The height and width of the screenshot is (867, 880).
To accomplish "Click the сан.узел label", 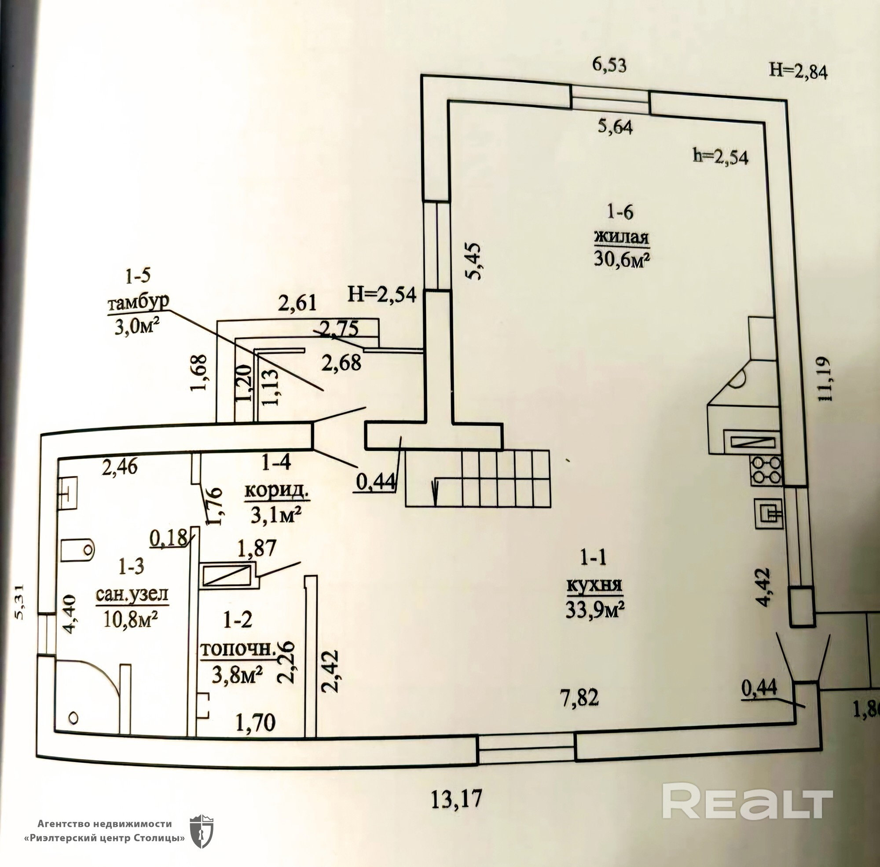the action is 132,595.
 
